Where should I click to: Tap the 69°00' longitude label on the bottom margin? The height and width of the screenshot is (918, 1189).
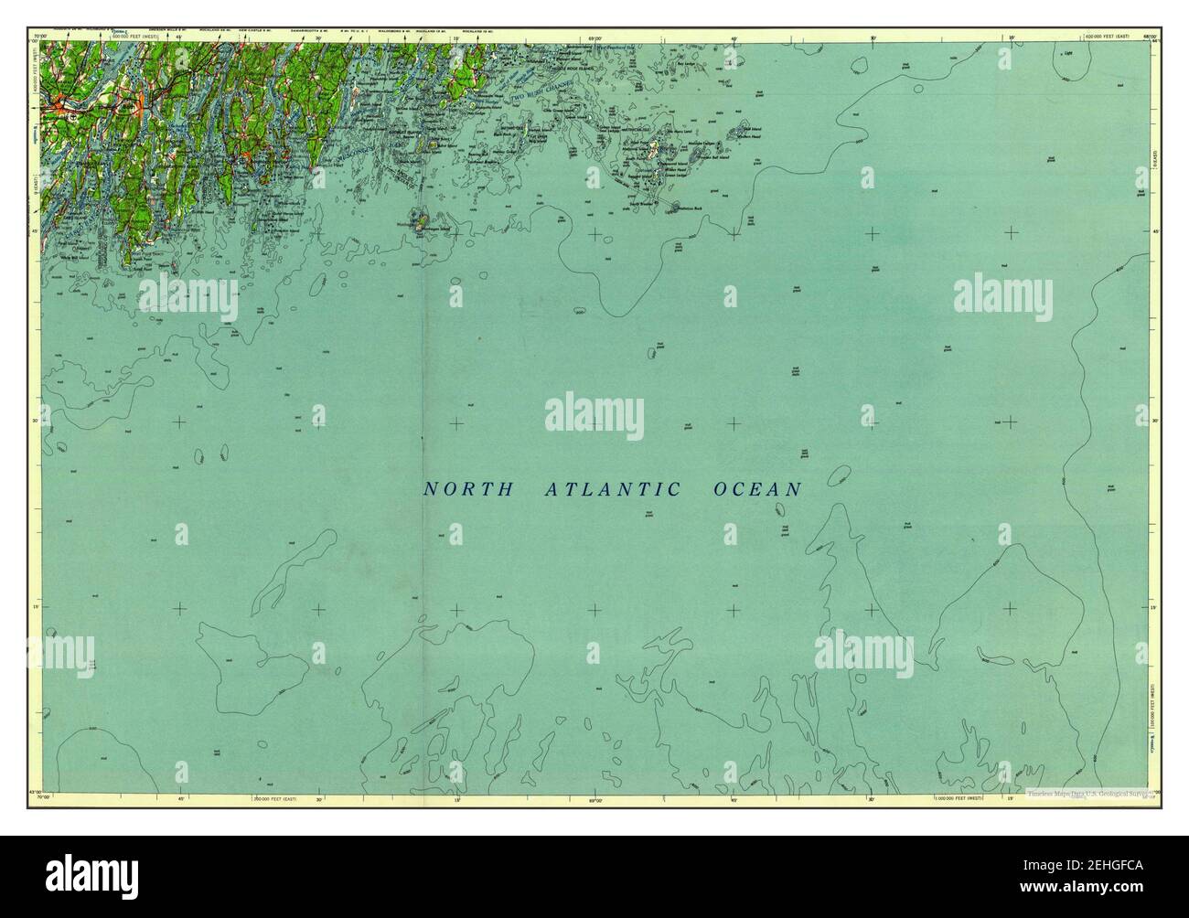click(594, 797)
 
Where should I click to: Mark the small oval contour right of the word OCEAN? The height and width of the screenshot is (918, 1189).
click(836, 476)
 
